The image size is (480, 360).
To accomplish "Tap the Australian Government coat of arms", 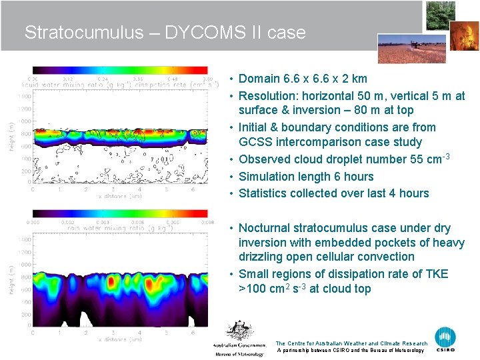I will (238, 331).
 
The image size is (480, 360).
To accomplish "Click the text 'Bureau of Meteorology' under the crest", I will (239, 354).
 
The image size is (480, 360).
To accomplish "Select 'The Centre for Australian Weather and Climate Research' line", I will (351, 343).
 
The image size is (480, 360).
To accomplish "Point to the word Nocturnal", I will (267, 228).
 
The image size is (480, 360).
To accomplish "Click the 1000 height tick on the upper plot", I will (24, 121).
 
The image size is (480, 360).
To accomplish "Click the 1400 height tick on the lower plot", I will (24, 239).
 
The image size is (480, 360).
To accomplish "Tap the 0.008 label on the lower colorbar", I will (206, 222).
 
